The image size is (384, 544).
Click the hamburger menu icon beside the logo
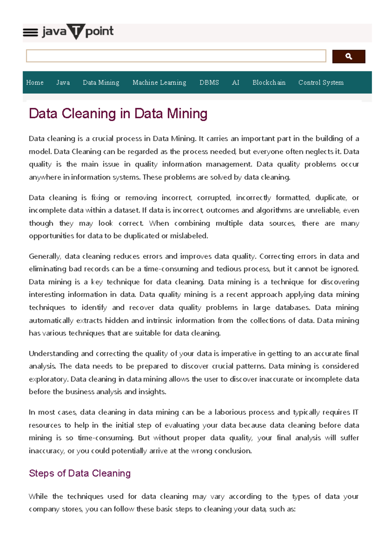coord(31,32)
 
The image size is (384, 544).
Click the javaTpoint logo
coord(77,32)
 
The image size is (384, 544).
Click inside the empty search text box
coord(176,56)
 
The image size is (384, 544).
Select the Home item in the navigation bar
coord(35,83)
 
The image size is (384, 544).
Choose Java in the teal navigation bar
coord(63,83)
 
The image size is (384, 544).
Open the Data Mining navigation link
coord(101,83)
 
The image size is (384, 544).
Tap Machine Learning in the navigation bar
coord(159,83)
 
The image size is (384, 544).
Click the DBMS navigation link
coord(209,83)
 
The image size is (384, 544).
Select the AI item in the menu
coord(236,83)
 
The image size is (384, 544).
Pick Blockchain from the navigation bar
coord(269,83)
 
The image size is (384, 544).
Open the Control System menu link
coord(321,83)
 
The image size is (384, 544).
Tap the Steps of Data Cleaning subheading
coord(80,473)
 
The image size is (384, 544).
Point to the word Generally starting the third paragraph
coord(44,256)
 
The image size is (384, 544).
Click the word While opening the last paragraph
coord(38,496)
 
